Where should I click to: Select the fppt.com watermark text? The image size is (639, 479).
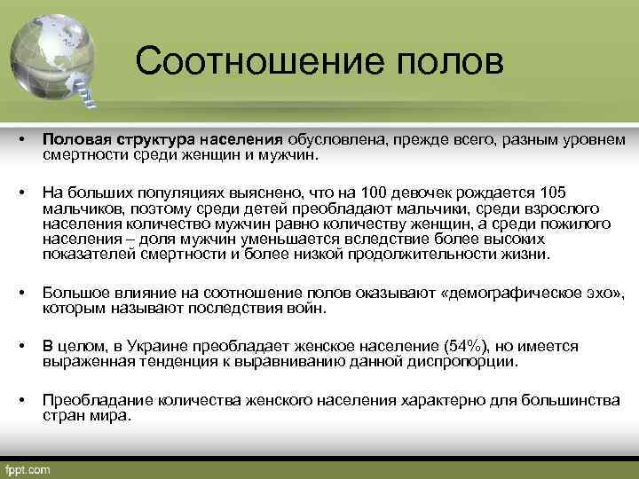[28, 468]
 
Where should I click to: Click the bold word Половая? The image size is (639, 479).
[75, 140]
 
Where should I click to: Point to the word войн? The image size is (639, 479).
[308, 308]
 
